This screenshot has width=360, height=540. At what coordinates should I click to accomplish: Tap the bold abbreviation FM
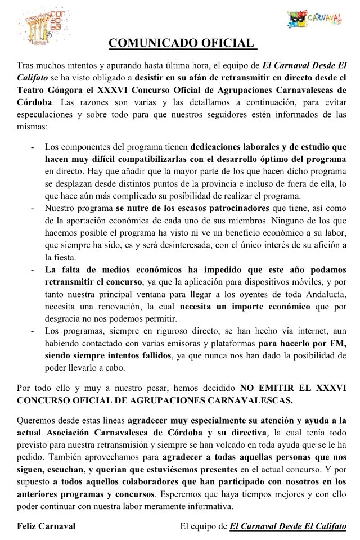click(339, 345)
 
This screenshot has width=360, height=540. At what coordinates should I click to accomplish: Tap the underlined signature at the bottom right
click(288, 526)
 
